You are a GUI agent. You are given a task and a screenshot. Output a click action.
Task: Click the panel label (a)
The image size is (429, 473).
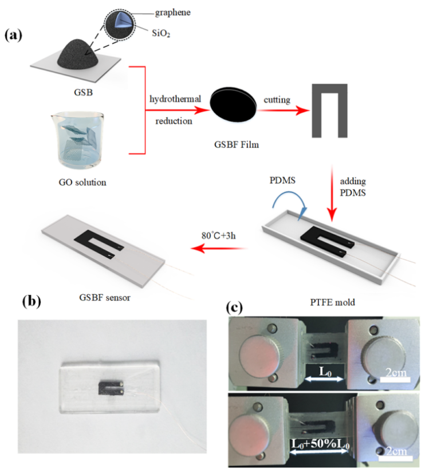point(13,36)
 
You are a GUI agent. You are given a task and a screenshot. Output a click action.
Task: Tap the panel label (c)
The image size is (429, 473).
point(237,306)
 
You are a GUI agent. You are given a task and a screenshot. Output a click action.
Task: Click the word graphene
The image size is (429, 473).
point(170,12)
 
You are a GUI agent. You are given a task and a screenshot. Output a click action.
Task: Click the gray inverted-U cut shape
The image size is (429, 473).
point(329,108)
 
